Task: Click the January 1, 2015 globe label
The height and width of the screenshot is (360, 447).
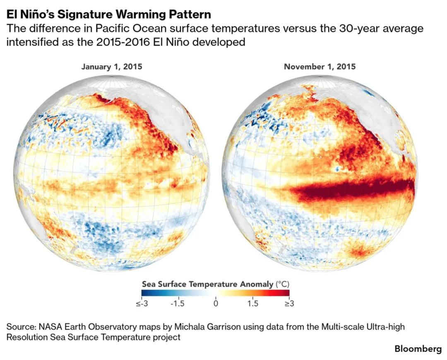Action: (112, 67)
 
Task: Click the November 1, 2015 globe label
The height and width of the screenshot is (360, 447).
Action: (320, 67)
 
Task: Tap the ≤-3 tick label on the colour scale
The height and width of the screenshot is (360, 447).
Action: (142, 304)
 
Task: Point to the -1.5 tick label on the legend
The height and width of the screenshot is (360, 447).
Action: (177, 304)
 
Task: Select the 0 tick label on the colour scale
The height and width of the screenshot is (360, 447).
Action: (216, 304)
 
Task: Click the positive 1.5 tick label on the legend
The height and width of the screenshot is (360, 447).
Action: (253, 304)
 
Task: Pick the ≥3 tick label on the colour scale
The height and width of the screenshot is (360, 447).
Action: (289, 304)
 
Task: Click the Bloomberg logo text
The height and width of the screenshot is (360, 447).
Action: (418, 348)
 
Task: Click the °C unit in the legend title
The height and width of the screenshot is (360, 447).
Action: (282, 284)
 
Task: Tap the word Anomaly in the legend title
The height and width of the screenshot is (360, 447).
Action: (257, 285)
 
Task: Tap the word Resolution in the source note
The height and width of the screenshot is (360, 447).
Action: (27, 337)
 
